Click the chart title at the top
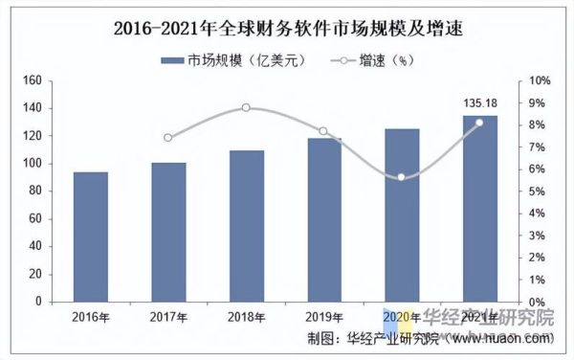click(286, 26)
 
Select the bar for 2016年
click(91, 236)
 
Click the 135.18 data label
click(480, 104)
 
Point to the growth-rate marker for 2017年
click(168, 138)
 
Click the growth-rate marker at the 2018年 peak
click(246, 107)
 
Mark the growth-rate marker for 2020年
click(402, 177)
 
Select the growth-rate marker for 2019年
click(323, 131)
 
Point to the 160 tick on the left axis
click(33, 80)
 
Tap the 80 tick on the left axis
click(35, 191)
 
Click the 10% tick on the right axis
click(541, 80)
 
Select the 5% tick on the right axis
click(538, 191)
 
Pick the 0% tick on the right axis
click(538, 302)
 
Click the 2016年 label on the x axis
click(91, 317)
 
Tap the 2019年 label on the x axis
click(324, 317)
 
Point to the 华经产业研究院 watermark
click(488, 319)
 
